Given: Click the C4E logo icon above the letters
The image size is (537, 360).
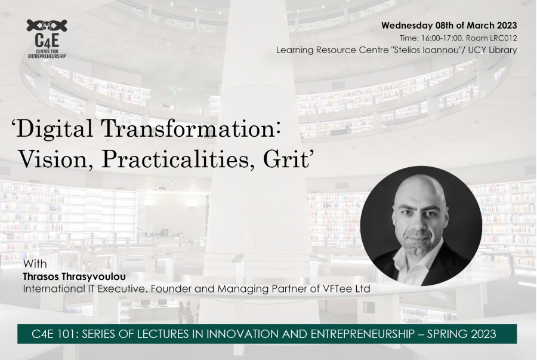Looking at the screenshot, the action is coord(47,26).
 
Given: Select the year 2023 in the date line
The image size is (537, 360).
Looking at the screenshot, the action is coord(505,26).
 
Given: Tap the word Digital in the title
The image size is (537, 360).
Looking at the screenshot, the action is coord(54,130).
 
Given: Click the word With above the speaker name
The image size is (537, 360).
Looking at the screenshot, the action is coord(35,264).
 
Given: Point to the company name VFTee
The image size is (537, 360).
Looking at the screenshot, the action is coord(338,289).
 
